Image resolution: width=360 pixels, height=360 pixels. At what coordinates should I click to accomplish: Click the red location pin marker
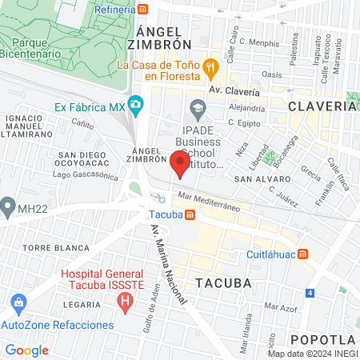pyautogui.click(x=180, y=163)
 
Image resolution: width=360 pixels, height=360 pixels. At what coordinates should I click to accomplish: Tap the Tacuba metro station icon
pyautogui.click(x=190, y=214)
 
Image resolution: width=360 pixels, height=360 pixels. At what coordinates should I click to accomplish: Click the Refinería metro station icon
pyautogui.click(x=142, y=9)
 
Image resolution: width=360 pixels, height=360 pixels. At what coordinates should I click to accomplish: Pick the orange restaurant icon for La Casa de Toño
pyautogui.click(x=210, y=67)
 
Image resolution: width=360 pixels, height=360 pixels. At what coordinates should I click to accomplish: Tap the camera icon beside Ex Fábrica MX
pyautogui.click(x=136, y=104)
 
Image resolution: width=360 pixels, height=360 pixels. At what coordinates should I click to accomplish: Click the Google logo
pyautogui.click(x=26, y=350)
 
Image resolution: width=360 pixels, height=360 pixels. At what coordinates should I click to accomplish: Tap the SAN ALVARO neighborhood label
pyautogui.click(x=255, y=180)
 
